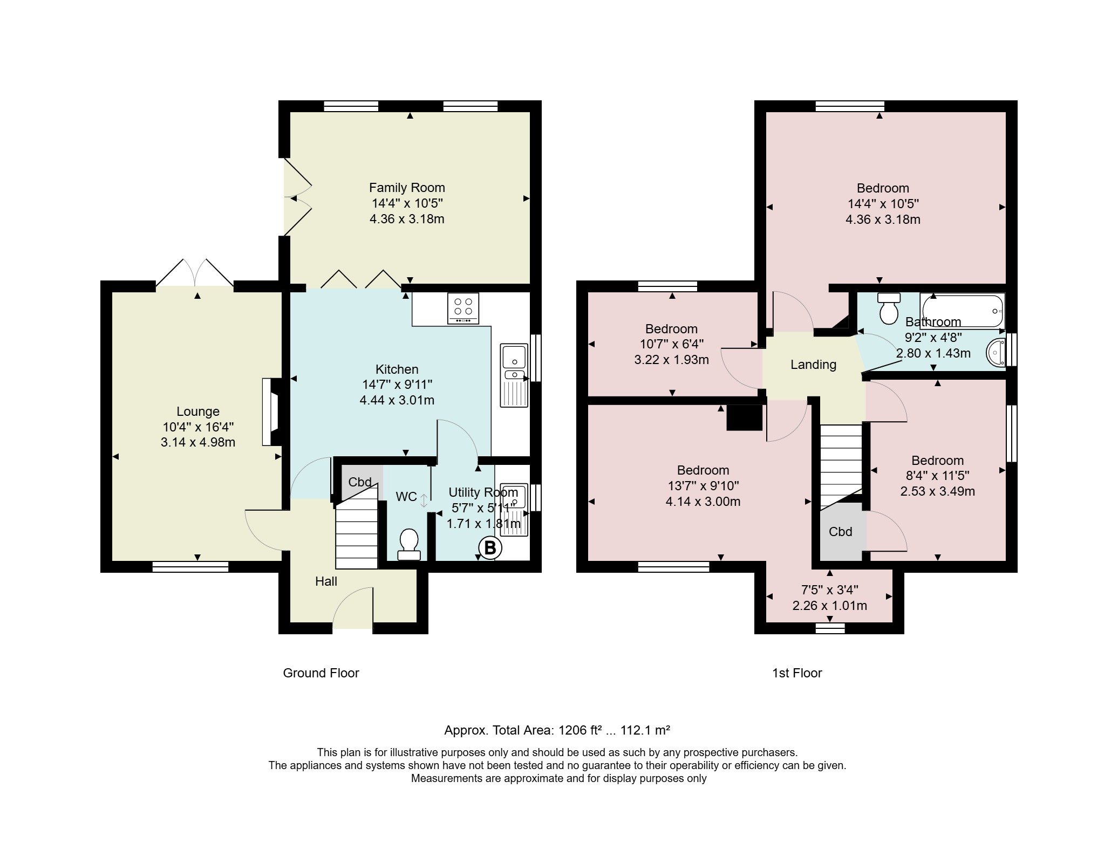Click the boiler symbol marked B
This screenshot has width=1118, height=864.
coord(490,548)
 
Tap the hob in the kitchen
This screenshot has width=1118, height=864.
coord(463,308)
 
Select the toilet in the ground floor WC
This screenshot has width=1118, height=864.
coord(409,544)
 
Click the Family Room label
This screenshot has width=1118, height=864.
coord(407,188)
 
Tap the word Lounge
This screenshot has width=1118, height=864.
coord(198,412)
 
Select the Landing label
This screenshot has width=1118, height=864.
coord(813,365)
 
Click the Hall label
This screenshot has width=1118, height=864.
coord(326,581)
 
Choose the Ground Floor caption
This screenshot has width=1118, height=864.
coord(321,673)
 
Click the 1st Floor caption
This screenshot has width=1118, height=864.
coord(797,673)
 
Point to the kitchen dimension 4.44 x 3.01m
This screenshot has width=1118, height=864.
coord(397,400)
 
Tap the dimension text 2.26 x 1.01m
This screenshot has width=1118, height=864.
coord(830,606)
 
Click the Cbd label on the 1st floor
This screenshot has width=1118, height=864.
coord(840,532)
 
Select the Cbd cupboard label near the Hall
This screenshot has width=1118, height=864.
coord(360,482)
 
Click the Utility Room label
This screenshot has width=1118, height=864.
coord(483,492)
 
